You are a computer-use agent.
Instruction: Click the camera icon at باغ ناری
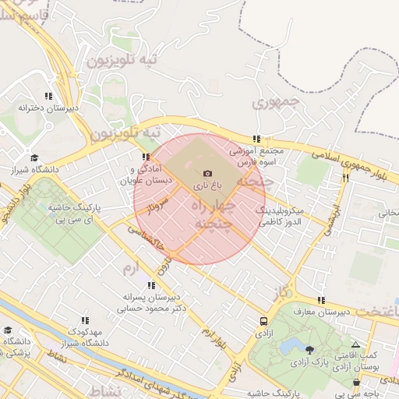(x=207, y=173)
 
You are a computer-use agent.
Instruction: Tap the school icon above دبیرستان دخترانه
(x=48, y=97)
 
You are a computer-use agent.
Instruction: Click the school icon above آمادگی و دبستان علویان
(x=146, y=157)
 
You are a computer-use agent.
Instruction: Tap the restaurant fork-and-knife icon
(x=345, y=178)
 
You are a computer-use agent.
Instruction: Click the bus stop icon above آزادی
(x=264, y=320)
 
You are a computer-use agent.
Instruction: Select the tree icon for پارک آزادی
(x=311, y=350)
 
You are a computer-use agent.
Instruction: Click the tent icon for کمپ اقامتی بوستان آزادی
(x=356, y=344)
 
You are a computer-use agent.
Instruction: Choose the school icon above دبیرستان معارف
(x=320, y=300)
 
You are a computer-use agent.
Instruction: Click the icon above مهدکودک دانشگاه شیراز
(x=85, y=320)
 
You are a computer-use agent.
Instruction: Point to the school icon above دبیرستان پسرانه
(x=150, y=285)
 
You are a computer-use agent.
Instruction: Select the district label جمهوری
(x=276, y=101)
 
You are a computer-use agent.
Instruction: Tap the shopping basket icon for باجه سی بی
(x=357, y=383)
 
